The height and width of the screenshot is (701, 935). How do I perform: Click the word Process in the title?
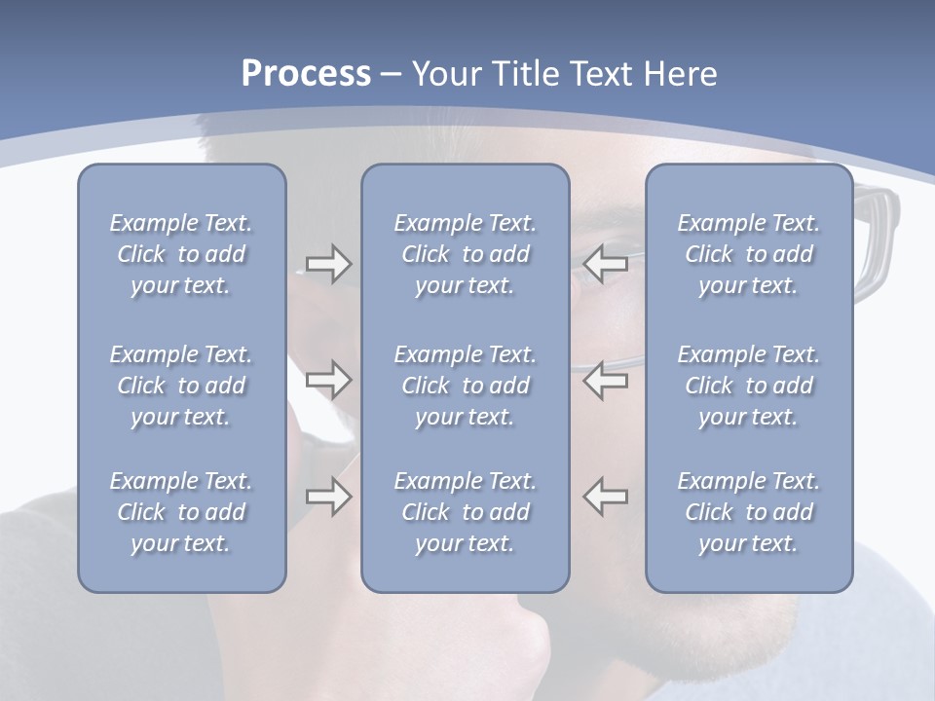306,74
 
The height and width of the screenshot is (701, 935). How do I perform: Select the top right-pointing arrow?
328,264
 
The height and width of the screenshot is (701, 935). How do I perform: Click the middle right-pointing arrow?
328,380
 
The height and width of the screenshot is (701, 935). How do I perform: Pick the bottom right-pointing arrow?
328,497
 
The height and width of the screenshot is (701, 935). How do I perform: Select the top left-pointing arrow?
606,264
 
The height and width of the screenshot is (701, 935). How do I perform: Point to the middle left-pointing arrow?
606,380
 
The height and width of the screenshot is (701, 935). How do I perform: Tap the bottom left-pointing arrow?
606,497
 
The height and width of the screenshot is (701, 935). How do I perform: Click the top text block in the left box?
181,254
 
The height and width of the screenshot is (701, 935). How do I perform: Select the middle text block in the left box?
181,386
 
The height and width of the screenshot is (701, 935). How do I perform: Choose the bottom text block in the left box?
181,512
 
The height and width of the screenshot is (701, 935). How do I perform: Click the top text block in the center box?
466,254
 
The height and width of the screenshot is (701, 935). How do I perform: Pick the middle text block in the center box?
466,386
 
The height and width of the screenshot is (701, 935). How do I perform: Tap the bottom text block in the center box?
466,512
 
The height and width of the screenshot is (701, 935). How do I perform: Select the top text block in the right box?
749,254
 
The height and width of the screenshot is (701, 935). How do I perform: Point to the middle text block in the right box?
749,386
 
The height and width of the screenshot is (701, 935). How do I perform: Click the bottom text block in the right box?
749,512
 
